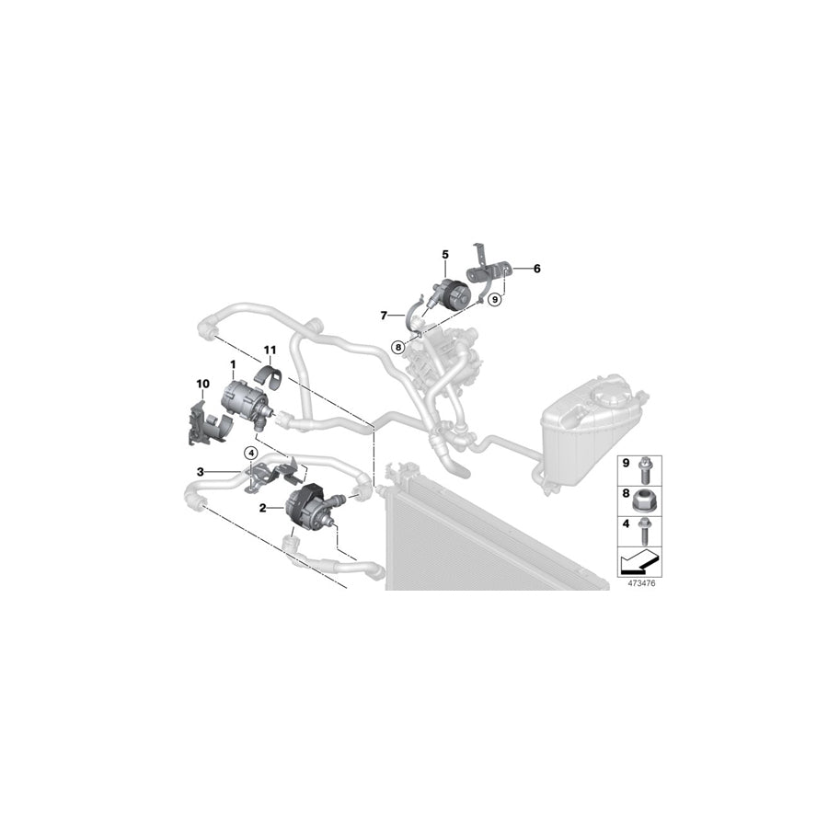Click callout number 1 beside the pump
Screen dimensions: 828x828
[234, 365]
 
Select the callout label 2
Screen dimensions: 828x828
[263, 508]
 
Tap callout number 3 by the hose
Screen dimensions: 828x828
[199, 472]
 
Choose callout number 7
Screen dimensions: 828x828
[385, 316]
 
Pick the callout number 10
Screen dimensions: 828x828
[202, 385]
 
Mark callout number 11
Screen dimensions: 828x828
[270, 351]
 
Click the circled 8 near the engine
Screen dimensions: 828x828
[397, 347]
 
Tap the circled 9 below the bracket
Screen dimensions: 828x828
[494, 299]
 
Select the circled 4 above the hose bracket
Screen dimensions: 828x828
[249, 452]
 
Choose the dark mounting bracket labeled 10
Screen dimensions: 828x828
[202, 421]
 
